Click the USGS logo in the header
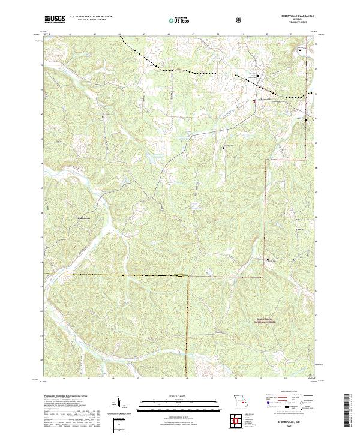55,20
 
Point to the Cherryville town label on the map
265,100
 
